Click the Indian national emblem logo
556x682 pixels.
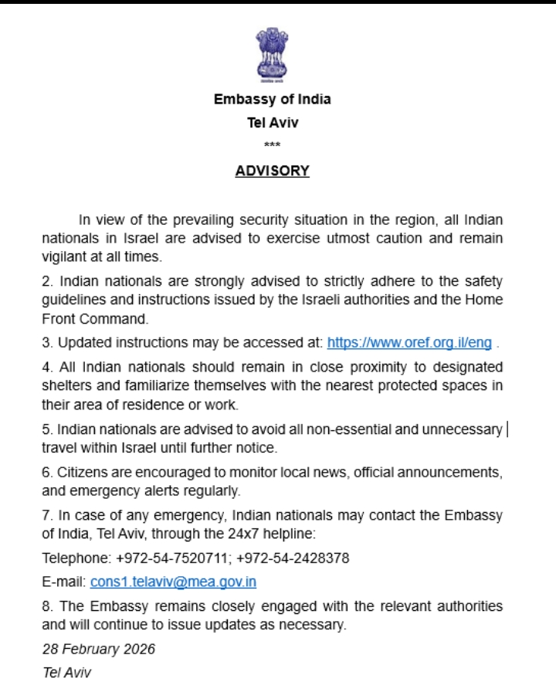[x=272, y=55]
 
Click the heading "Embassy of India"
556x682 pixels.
[x=272, y=100]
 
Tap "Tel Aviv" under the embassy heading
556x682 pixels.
[x=272, y=122]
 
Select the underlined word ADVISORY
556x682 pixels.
[x=272, y=171]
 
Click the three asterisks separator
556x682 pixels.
[x=272, y=145]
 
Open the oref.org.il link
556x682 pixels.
[x=409, y=342]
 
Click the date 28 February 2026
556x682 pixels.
[x=99, y=649]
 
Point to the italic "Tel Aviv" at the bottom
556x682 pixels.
[x=66, y=673]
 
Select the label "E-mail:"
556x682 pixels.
[x=64, y=582]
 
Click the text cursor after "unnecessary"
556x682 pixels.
[x=507, y=429]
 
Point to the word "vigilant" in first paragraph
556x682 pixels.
[x=63, y=256]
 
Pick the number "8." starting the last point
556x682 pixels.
[x=47, y=606]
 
